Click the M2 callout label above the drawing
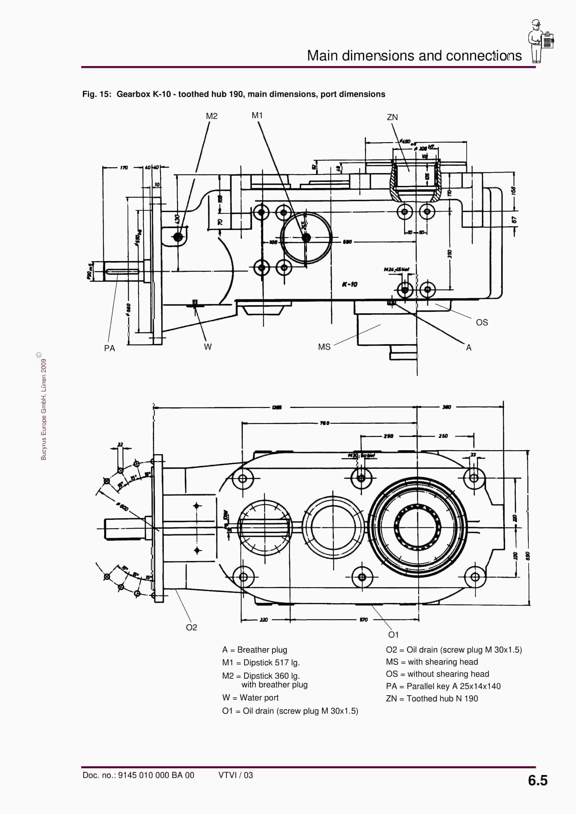pyautogui.click(x=211, y=116)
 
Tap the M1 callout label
pyautogui.click(x=257, y=115)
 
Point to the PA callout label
pyautogui.click(x=109, y=348)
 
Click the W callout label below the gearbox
pyautogui.click(x=208, y=347)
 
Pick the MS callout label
pyautogui.click(x=324, y=347)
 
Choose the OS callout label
pyautogui.click(x=482, y=322)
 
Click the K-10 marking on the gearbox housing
pyautogui.click(x=350, y=284)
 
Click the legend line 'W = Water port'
pyautogui.click(x=250, y=697)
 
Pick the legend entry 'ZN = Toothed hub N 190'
pyautogui.click(x=432, y=698)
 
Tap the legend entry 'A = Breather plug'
pyautogui.click(x=254, y=649)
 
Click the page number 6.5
pyautogui.click(x=537, y=780)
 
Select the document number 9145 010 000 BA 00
pyautogui.click(x=156, y=775)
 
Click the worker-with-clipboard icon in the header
pyautogui.click(x=540, y=41)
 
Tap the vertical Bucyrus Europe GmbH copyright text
pyautogui.click(x=44, y=408)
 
